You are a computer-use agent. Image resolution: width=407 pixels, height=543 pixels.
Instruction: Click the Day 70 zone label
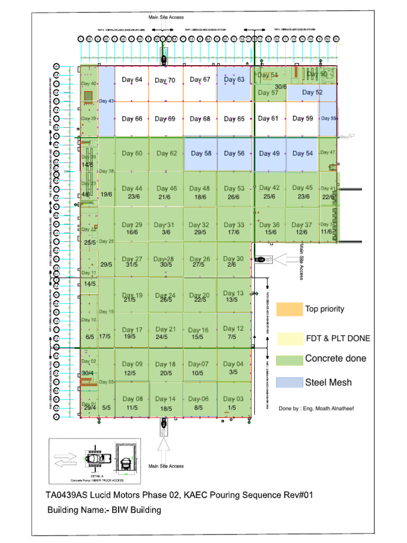point(165,81)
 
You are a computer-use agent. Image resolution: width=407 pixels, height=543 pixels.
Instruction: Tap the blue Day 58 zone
point(200,154)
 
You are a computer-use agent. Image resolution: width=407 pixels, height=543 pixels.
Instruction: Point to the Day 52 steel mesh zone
point(312,93)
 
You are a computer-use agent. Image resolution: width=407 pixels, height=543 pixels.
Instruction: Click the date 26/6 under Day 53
point(234,197)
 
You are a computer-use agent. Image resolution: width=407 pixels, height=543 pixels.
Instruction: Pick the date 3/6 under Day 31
point(166,232)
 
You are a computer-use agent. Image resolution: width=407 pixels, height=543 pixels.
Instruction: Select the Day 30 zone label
point(234,259)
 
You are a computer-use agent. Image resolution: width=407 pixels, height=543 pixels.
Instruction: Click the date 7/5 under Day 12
point(232,337)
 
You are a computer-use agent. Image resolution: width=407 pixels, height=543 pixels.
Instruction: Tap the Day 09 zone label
point(132,364)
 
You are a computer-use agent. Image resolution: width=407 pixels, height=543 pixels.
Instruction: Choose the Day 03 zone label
point(233,399)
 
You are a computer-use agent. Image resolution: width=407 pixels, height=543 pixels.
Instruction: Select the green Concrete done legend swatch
point(289,360)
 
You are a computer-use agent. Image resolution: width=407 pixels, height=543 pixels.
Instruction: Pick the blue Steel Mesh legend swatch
point(289,382)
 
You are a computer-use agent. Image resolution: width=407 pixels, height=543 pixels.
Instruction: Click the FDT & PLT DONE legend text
point(338,338)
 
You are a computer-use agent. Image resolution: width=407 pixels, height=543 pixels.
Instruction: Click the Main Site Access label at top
point(166,17)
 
